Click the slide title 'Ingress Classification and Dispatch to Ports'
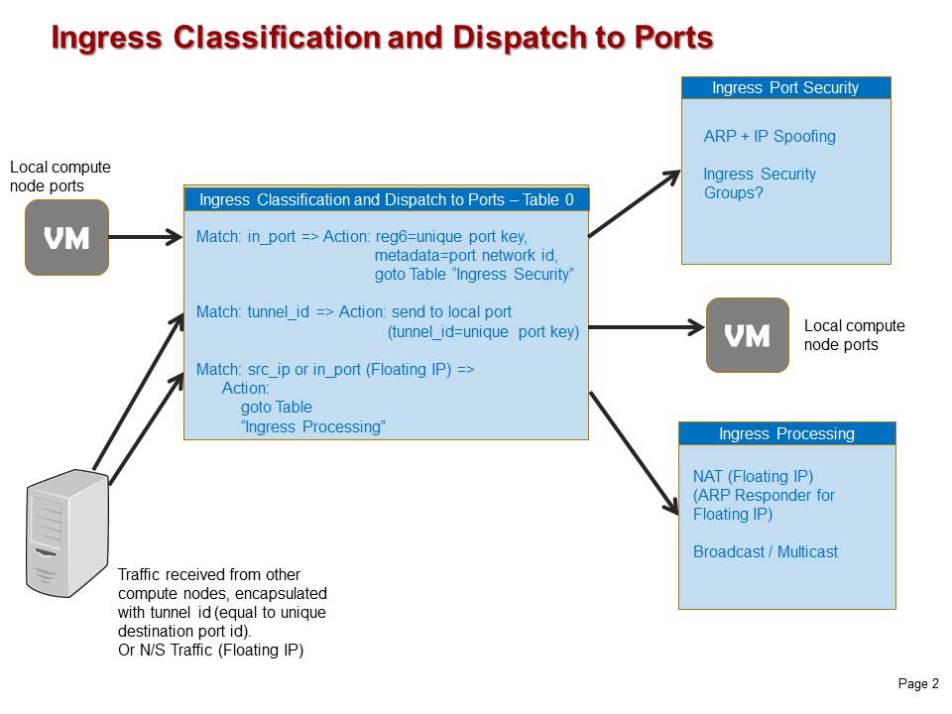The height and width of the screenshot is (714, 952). point(382,38)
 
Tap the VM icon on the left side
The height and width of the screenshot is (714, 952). point(66,237)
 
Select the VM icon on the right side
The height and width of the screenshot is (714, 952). point(748,335)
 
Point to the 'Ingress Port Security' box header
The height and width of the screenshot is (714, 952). point(785,88)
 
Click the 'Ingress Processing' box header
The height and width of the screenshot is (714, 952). point(786,433)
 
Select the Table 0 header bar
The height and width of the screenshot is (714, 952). point(386,199)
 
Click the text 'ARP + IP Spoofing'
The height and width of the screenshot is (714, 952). point(770,136)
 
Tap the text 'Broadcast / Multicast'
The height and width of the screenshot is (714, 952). point(765,551)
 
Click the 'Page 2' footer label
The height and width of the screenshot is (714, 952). point(918,684)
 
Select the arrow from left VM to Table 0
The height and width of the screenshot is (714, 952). point(145,237)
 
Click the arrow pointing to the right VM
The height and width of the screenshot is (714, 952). point(645,326)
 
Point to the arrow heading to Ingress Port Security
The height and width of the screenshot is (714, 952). point(635,204)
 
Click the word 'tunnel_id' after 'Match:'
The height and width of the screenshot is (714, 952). point(279,311)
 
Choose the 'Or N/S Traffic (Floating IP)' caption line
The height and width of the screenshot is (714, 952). point(210,651)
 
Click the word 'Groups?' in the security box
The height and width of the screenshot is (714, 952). point(733,192)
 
